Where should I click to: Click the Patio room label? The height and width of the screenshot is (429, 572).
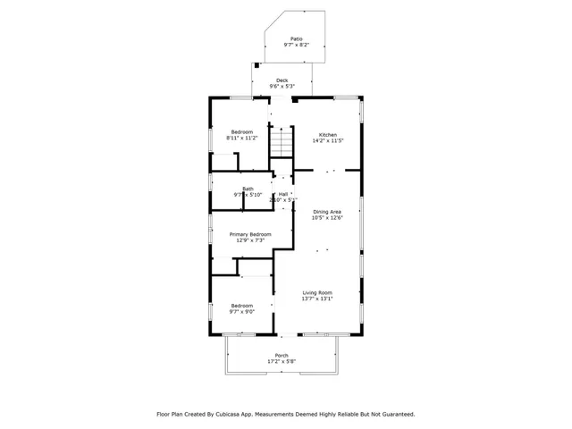pos(295,38)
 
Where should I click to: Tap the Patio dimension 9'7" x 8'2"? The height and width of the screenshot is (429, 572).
pos(295,45)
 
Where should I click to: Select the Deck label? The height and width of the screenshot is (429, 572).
pos(282,80)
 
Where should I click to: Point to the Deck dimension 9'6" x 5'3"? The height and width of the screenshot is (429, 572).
pos(282,86)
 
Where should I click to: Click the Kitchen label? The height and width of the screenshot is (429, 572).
pos(329,134)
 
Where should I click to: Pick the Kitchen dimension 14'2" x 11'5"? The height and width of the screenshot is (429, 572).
pos(329,140)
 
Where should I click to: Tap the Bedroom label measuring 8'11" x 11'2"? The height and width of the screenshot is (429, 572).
pos(241,131)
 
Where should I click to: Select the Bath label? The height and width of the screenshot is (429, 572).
pos(248,188)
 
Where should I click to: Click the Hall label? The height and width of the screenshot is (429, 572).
pos(283,194)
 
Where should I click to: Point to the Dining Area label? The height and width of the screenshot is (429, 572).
pos(327,211)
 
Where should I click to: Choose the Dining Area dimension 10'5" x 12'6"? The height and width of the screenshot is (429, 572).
pos(327,217)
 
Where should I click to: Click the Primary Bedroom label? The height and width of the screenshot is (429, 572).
pos(250,234)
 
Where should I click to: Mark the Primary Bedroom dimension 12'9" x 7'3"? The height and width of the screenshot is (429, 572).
pos(250,240)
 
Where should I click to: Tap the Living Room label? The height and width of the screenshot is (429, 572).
pos(317,292)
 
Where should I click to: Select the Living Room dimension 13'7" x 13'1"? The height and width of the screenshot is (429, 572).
pos(317,299)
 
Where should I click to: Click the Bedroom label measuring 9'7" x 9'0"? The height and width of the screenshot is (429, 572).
pos(242,306)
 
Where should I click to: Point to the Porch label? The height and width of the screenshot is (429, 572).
pos(282,355)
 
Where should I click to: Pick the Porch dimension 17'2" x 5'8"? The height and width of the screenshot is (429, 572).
pos(282,361)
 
